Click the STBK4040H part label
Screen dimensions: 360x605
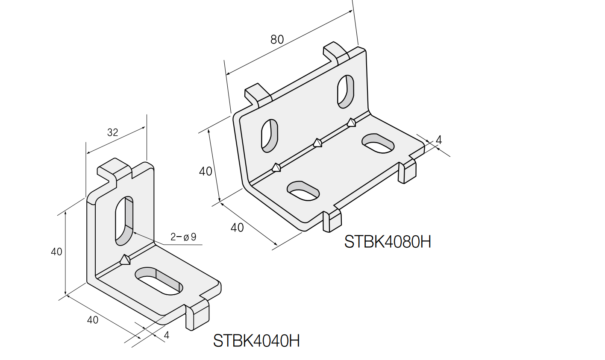(256, 340)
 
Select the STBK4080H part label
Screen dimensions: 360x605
(388, 242)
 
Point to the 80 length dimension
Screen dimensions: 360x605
(277, 40)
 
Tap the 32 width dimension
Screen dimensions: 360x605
(112, 132)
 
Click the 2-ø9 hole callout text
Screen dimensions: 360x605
(183, 237)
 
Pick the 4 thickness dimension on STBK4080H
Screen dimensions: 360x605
(438, 140)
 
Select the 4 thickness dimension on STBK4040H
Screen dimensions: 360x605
(167, 335)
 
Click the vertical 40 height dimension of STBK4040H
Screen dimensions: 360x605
(56, 252)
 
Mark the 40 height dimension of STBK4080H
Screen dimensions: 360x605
(206, 171)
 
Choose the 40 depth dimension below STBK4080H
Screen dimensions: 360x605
(237, 228)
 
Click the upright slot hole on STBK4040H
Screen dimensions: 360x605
(124, 220)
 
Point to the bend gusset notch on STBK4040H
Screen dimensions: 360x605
(125, 260)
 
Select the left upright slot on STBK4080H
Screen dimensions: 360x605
(270, 136)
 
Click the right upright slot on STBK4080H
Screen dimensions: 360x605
(346, 91)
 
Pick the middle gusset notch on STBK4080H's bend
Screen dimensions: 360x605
(317, 143)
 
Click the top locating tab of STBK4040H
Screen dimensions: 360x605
(115, 170)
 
